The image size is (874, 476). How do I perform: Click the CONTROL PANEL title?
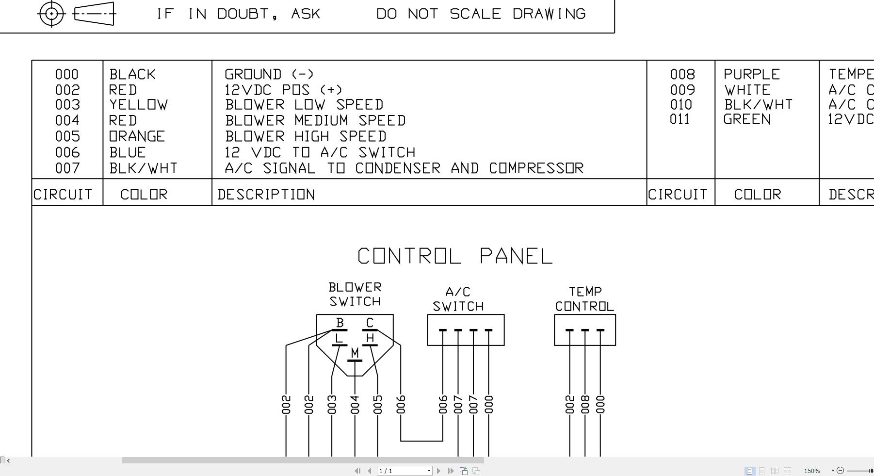[x=455, y=256]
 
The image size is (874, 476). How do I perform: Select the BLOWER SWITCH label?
[x=355, y=295]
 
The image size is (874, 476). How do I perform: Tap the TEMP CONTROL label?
[x=584, y=299]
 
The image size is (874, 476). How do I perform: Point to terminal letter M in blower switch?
[x=355, y=353]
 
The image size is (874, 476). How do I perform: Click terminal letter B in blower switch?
[x=340, y=323]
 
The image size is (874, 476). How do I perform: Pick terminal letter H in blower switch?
[x=370, y=338]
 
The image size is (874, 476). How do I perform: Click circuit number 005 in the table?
[x=67, y=136]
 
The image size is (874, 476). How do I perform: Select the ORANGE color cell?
[x=137, y=136]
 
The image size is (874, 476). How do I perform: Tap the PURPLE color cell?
[x=752, y=74]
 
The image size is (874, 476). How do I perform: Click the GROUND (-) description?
[x=269, y=74]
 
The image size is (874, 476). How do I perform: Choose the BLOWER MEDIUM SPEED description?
[x=315, y=120]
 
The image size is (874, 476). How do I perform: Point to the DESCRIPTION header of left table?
[x=266, y=195]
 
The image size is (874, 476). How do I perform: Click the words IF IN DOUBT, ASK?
[x=238, y=14]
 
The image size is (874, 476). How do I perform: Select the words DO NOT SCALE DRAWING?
[x=481, y=14]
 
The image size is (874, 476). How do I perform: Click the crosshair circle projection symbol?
[x=51, y=14]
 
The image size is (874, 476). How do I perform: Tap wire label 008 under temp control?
[x=585, y=405]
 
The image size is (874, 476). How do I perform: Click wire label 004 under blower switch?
[x=355, y=405]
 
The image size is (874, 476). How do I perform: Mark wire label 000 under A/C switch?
[x=488, y=405]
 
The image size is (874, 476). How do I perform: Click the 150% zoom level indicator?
[x=812, y=471]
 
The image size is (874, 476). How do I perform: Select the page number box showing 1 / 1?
[x=404, y=471]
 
